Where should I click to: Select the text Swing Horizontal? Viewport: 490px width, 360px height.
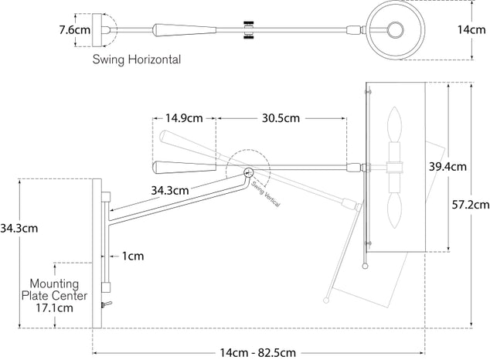[137, 59]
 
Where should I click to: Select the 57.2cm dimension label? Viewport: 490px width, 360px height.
[471, 205]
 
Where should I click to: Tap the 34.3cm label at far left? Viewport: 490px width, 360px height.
[19, 228]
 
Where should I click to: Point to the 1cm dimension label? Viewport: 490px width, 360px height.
[133, 254]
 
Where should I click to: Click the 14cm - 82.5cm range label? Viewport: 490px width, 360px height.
[257, 352]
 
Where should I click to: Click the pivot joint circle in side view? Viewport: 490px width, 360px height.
[249, 172]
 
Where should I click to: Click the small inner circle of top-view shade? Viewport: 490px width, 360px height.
[396, 30]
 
